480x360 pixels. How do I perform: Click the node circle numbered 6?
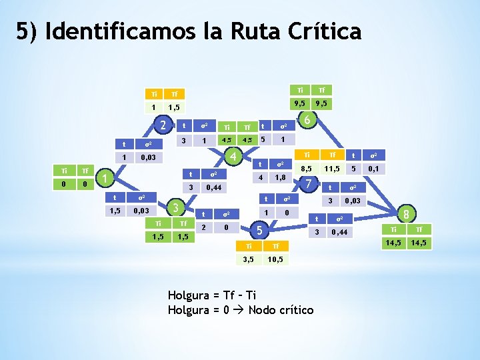(306, 121)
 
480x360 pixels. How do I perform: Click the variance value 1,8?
(281, 177)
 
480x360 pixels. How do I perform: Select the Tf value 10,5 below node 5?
(275, 259)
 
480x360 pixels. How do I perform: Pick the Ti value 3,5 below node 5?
(249, 259)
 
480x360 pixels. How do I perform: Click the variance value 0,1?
(373, 169)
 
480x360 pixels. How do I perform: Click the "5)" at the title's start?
(29, 31)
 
